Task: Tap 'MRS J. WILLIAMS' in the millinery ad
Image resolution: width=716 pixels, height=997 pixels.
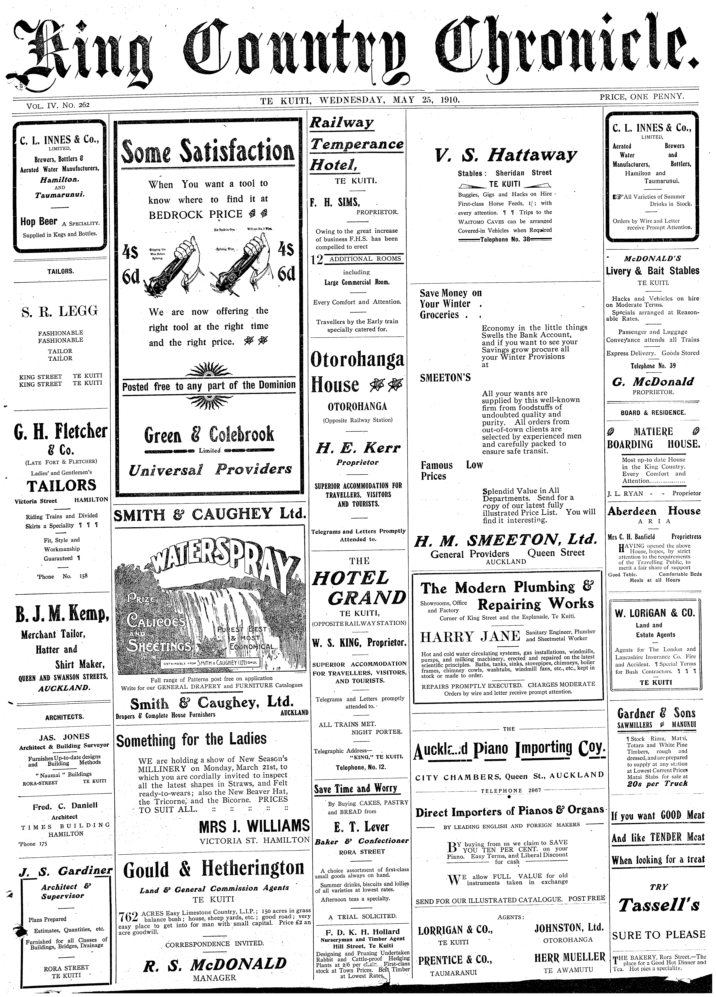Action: [x=254, y=826]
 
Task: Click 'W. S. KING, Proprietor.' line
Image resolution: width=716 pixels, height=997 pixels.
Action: [x=359, y=643]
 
